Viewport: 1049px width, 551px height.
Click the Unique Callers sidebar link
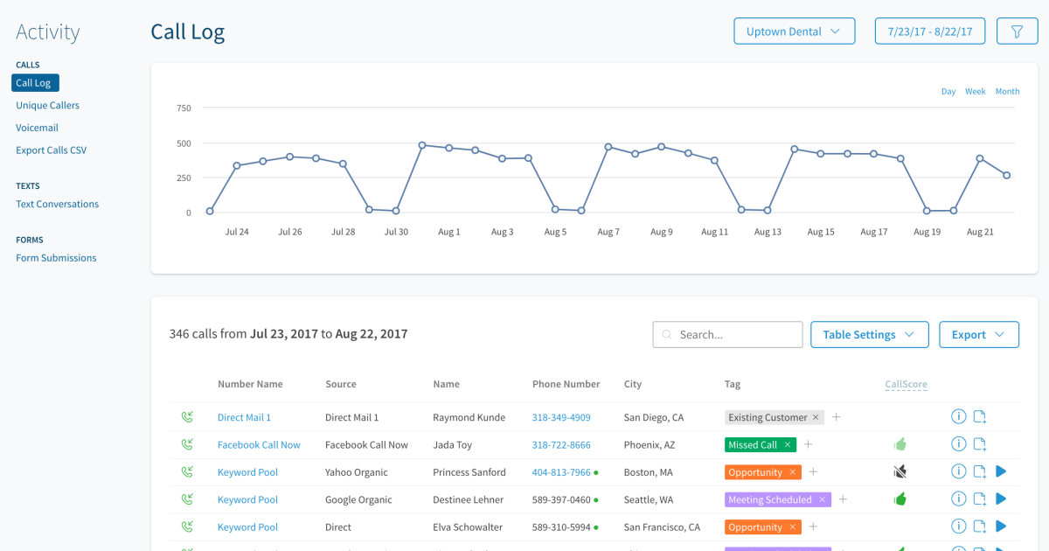pos(47,106)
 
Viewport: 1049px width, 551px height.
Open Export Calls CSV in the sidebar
pos(51,150)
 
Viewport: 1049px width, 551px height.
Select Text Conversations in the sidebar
pos(57,205)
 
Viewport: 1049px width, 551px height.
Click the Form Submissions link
pos(56,258)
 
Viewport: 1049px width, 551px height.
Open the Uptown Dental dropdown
pos(794,31)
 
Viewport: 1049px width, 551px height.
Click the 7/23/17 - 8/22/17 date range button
pos(930,31)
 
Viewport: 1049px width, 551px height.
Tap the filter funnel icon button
pos(1017,31)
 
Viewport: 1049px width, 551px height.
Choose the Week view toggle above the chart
pos(975,92)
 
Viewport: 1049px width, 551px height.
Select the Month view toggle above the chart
pos(1007,92)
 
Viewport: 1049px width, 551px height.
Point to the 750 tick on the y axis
pos(184,108)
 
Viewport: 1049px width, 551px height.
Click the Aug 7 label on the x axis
pos(608,233)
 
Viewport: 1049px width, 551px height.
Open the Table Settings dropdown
pos(868,335)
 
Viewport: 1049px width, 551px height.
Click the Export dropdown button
pos(978,335)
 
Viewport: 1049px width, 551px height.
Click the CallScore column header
pos(906,385)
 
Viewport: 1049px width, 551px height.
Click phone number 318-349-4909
pos(561,418)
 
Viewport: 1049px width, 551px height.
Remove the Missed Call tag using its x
pos(787,445)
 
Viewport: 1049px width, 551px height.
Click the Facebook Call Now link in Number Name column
pos(259,445)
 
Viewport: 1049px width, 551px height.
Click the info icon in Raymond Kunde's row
pos(958,417)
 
